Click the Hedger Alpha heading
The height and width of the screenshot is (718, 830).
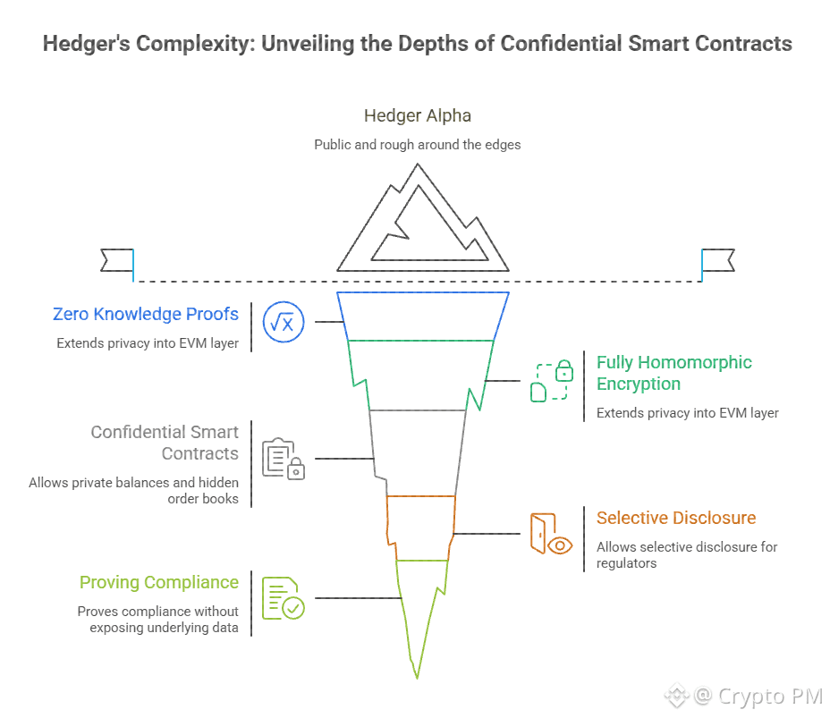[x=418, y=115]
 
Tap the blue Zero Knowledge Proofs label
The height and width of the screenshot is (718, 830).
[x=146, y=314]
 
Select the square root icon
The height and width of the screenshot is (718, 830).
[x=284, y=323]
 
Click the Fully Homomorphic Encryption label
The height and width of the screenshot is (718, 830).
[x=674, y=373]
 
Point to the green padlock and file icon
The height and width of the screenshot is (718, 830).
[x=552, y=381]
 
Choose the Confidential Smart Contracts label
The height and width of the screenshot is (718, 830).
[x=165, y=443]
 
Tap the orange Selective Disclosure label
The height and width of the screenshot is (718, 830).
[x=676, y=518]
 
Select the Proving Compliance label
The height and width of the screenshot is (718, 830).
[x=159, y=582]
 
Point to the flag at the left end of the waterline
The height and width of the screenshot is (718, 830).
[x=117, y=260]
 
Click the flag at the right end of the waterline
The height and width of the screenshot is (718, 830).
[x=717, y=260]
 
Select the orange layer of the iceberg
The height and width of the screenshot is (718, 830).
[x=421, y=526]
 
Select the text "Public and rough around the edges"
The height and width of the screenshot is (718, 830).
[x=418, y=145]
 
